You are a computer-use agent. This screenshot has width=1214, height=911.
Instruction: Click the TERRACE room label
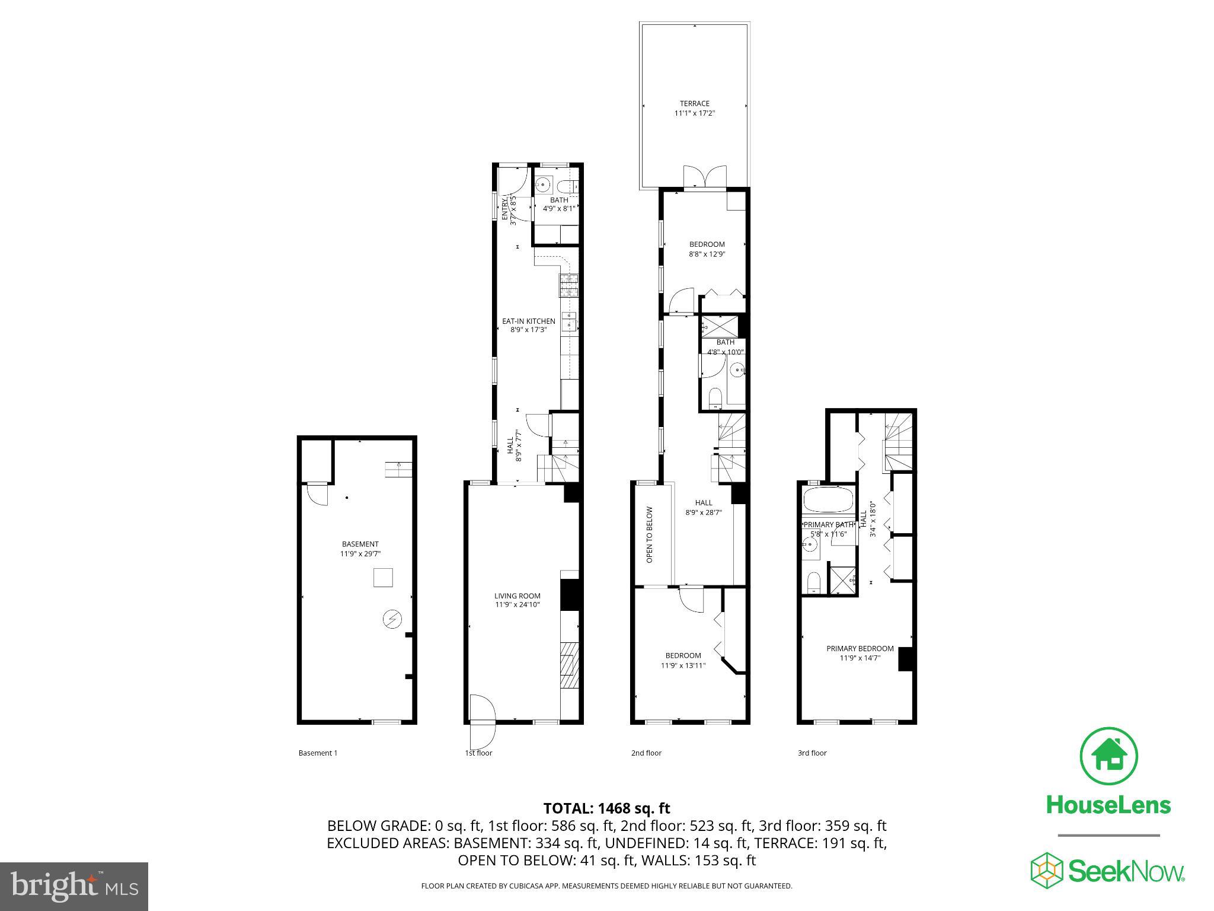pyautogui.click(x=695, y=104)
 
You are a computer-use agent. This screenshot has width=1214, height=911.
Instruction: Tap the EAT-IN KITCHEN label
pyautogui.click(x=529, y=321)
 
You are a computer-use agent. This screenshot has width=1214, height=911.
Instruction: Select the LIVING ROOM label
pyautogui.click(x=517, y=596)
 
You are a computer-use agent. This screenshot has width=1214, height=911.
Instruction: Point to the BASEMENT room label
pyautogui.click(x=360, y=544)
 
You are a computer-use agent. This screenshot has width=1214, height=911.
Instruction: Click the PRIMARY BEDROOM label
pyautogui.click(x=860, y=648)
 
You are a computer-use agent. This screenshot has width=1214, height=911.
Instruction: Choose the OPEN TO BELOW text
pyautogui.click(x=650, y=534)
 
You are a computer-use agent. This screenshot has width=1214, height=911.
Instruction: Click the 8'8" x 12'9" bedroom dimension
pyautogui.click(x=707, y=254)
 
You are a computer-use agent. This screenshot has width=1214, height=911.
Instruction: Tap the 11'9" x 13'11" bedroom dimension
pyautogui.click(x=683, y=665)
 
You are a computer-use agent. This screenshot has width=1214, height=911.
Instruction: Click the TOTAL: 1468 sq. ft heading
pyautogui.click(x=606, y=808)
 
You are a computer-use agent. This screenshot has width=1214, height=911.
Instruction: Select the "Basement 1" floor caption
pyautogui.click(x=318, y=753)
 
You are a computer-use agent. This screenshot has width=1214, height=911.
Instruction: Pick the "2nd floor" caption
pyautogui.click(x=646, y=753)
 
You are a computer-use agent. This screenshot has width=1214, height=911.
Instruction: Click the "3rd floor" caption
pyautogui.click(x=812, y=753)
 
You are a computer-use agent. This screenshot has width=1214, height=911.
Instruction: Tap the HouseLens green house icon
pyautogui.click(x=1108, y=756)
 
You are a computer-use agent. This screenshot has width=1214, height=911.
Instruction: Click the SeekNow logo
pyautogui.click(x=1107, y=870)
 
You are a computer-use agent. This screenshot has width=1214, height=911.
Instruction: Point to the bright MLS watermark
pyautogui.click(x=74, y=886)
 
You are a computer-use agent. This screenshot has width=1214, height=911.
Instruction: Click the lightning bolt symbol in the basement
pyautogui.click(x=392, y=620)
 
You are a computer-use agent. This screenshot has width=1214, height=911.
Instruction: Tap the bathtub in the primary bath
pyautogui.click(x=828, y=499)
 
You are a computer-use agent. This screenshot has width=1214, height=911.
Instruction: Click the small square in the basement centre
pyautogui.click(x=383, y=577)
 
